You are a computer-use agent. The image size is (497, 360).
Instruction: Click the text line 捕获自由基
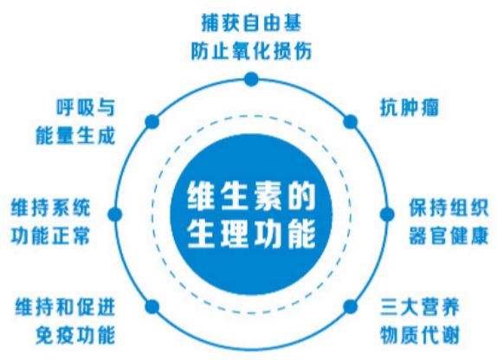tap(251, 22)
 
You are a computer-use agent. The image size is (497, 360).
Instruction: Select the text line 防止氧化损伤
tap(251, 51)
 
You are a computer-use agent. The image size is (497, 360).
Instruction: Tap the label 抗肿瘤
tap(409, 108)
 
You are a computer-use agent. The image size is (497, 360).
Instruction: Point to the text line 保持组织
tap(449, 208)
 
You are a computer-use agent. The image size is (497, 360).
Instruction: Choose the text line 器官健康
tap(449, 235)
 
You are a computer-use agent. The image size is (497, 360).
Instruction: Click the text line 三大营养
tap(420, 306)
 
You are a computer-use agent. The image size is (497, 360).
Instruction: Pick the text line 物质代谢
tap(420, 335)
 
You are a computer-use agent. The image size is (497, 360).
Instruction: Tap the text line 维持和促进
tap(65, 306)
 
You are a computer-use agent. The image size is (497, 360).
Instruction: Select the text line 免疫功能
tap(75, 335)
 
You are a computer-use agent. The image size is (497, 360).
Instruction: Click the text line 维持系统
tap(51, 208)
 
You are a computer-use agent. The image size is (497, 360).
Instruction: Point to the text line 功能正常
tap(51, 235)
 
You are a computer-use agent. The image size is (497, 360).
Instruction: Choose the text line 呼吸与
tap(86, 108)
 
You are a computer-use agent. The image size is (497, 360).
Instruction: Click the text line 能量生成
tap(75, 136)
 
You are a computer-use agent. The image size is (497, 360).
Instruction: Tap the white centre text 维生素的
tap(251, 197)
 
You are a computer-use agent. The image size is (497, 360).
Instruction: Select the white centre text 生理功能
tap(251, 235)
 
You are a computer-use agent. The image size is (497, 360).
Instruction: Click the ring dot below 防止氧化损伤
tap(251, 79)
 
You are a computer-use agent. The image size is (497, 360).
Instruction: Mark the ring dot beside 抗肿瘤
tap(351, 122)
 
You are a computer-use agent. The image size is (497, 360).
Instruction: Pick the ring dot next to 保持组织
tap(387, 215)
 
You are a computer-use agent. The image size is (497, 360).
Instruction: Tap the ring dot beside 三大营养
tap(350, 306)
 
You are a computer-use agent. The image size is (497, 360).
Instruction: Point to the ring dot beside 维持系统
tap(115, 215)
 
